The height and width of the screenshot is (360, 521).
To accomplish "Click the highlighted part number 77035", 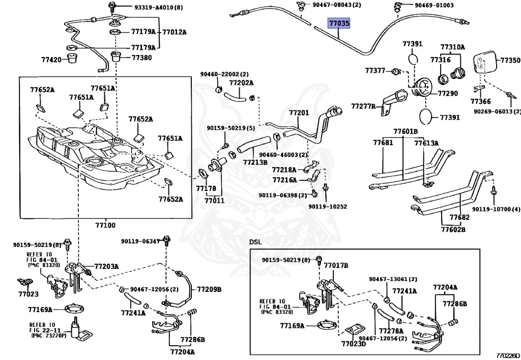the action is click(339, 23).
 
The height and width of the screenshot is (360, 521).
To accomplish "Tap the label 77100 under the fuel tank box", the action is click(105, 225).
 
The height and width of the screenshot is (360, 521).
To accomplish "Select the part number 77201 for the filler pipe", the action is click(299, 113).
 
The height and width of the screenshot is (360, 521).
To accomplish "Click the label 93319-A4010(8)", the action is click(159, 7).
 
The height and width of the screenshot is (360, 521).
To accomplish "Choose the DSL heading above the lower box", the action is click(255, 242).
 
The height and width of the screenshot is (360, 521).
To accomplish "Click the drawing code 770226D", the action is click(507, 356).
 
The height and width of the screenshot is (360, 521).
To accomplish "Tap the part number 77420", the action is click(51, 60).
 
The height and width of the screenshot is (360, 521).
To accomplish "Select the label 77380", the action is click(141, 58).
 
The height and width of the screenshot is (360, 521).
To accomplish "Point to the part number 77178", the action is click(206, 188).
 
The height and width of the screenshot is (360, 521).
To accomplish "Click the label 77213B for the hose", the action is click(255, 162).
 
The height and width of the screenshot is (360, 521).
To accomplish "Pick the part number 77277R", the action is click(363, 106).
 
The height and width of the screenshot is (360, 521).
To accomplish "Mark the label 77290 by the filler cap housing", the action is click(448, 93).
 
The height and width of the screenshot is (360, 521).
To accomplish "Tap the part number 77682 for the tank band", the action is click(460, 217).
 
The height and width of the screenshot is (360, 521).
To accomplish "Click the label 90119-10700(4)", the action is click(496, 209).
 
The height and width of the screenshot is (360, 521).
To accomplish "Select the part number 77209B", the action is click(209, 289).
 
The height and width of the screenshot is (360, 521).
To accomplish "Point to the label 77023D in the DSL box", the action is click(354, 343).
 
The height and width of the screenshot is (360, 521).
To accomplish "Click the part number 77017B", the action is click(336, 266).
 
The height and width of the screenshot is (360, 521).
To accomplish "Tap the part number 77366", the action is click(480, 101).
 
